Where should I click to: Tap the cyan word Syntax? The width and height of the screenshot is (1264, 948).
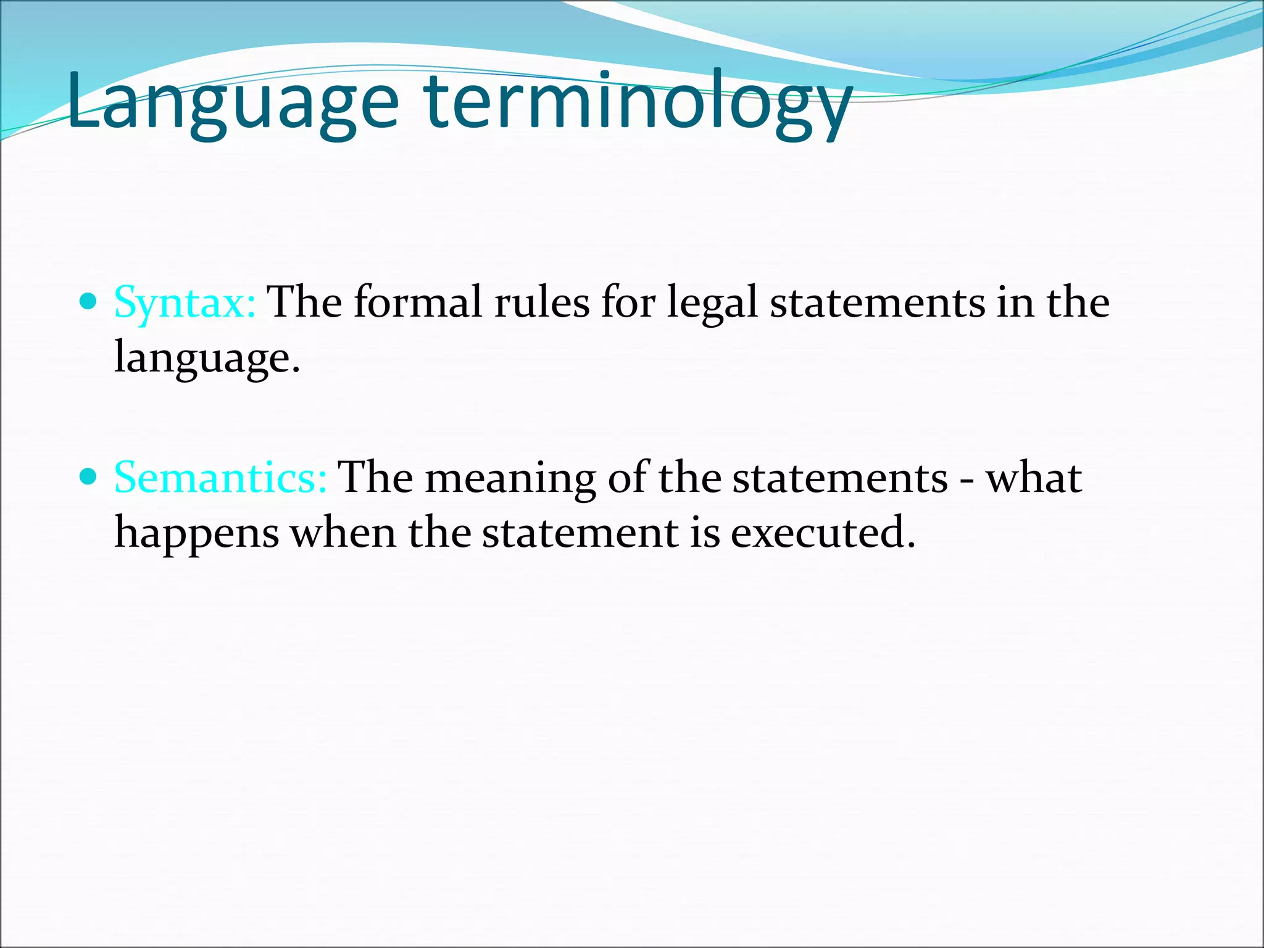[185, 302]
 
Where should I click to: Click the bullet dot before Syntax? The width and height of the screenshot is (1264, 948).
[89, 301]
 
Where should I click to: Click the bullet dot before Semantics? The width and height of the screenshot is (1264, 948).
[89, 476]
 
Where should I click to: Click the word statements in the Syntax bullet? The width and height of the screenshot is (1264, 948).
[877, 302]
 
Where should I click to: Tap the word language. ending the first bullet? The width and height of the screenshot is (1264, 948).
[207, 358]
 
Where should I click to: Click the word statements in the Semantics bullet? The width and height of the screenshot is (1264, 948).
[839, 478]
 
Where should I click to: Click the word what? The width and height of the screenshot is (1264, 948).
[1033, 478]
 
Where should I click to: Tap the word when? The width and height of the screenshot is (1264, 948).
[343, 532]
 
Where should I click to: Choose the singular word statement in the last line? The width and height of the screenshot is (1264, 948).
[580, 532]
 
